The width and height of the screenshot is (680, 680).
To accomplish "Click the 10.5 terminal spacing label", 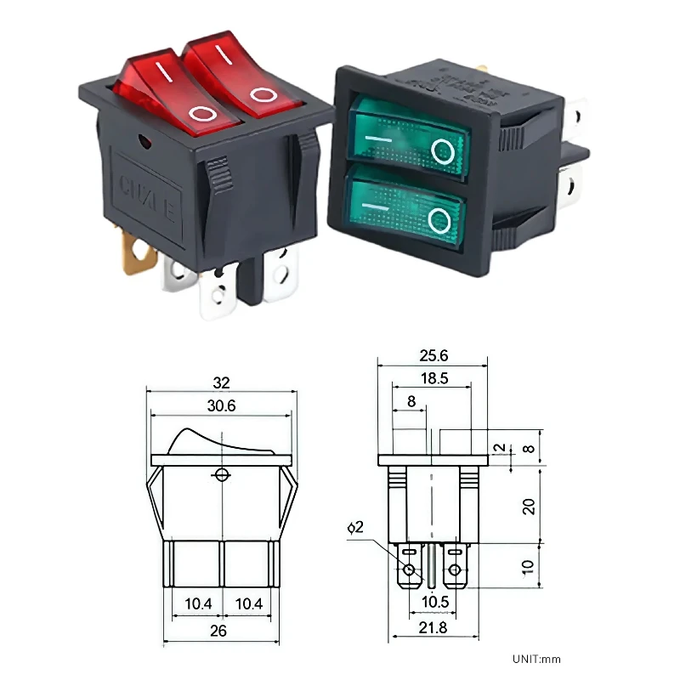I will click(433, 603).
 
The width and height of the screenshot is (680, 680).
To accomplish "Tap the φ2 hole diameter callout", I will click(355, 528).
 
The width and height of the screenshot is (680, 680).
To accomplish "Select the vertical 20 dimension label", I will click(528, 506).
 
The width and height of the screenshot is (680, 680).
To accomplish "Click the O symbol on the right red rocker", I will click(263, 93).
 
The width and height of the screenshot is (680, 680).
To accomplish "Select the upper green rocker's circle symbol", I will click(442, 152).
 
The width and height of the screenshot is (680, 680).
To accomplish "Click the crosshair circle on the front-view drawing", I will click(223, 474).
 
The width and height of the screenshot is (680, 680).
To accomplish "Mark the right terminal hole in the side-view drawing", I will click(455, 569).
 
